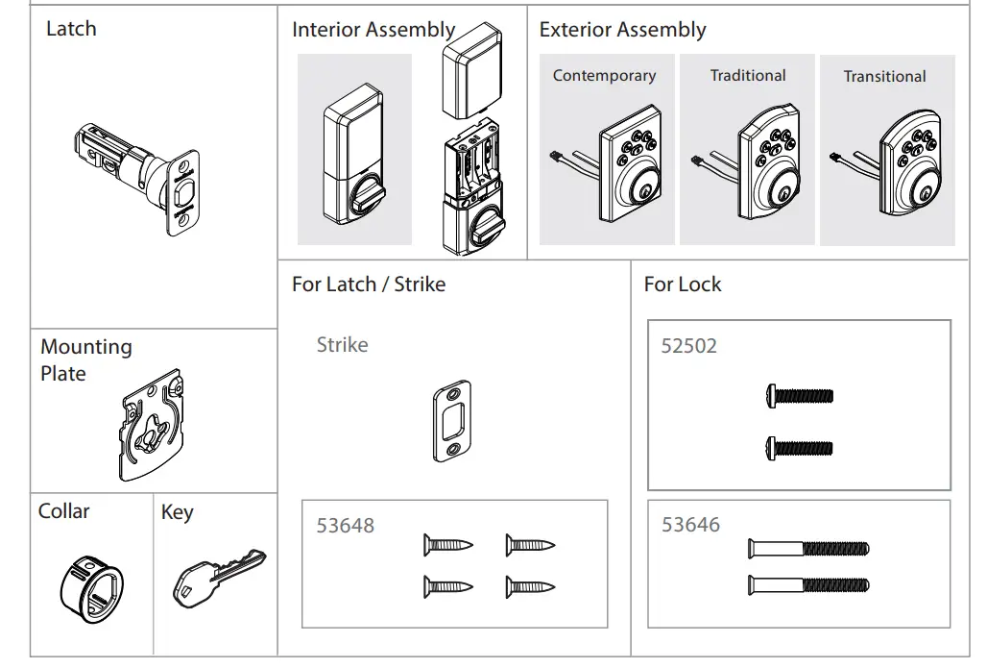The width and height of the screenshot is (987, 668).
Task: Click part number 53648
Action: click(345, 526)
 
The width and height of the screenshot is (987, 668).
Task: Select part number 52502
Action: click(688, 346)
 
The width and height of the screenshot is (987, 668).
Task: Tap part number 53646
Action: click(689, 525)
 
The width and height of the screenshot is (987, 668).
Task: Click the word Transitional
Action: click(884, 77)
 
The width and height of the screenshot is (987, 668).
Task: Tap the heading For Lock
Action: click(682, 285)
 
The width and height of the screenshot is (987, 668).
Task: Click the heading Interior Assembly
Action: click(373, 30)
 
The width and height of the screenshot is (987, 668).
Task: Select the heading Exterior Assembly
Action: click(622, 30)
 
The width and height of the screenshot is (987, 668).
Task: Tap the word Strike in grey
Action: click(342, 345)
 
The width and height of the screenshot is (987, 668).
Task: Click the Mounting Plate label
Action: click(85, 359)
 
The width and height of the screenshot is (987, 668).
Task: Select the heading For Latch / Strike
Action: click(368, 285)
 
